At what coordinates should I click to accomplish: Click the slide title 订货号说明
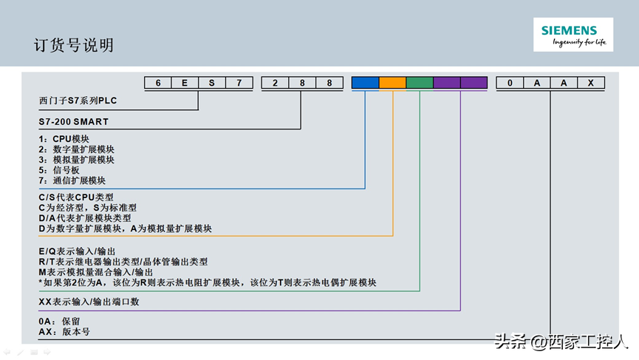[74, 45]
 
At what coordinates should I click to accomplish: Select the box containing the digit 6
[158, 83]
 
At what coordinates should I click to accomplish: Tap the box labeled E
[185, 83]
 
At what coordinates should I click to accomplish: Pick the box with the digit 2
[275, 83]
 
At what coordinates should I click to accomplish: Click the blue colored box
[365, 83]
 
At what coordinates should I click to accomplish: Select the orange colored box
[392, 83]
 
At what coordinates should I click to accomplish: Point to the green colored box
[420, 83]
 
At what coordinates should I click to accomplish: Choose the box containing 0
[510, 83]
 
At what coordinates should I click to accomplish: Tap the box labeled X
[590, 83]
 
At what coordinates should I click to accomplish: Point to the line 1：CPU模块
[64, 139]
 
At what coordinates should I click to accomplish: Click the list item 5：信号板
[59, 170]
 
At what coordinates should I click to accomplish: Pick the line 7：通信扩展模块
[72, 180]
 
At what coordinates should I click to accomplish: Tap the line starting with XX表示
[89, 302]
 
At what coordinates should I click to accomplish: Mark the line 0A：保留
[59, 322]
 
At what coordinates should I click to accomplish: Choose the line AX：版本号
[64, 332]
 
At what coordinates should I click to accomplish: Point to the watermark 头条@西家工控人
[561, 342]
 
